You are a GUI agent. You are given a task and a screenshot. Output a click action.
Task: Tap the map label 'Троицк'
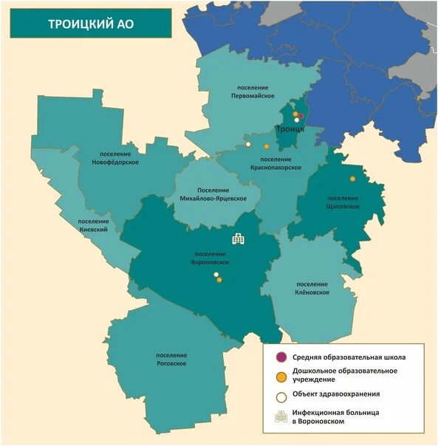coord(290,128)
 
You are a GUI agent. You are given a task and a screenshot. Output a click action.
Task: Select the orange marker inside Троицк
coord(295,114)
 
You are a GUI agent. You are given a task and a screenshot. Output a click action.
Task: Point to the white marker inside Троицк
coord(297,120)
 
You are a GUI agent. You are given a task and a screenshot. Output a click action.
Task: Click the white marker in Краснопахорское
coord(249,143)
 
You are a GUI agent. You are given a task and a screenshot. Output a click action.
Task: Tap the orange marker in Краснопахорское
coord(264,147)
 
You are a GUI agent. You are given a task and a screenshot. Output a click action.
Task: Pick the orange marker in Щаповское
coord(352,179)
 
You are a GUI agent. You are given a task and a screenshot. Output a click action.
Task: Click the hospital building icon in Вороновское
coord(239,238)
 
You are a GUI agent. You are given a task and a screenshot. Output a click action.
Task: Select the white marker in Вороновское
coord(216,275)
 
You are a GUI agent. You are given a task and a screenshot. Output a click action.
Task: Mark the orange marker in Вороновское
coord(219,280)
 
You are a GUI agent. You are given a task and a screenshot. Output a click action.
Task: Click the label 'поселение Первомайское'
coord(253,92)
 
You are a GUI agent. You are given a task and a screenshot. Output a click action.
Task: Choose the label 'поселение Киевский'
coord(94,225)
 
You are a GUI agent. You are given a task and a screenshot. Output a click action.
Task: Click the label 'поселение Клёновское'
coord(312,289)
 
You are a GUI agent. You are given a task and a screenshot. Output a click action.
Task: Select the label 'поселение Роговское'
coord(171,360)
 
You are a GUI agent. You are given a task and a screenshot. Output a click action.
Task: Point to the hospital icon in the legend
coord(281,417)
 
